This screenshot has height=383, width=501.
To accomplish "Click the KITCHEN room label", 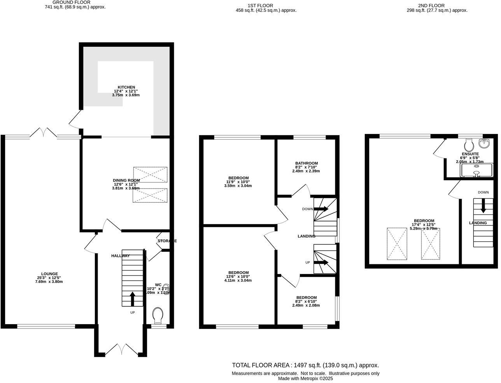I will [126, 87].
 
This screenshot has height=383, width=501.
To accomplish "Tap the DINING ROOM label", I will [126, 180].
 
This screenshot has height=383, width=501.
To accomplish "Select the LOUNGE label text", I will [49, 274].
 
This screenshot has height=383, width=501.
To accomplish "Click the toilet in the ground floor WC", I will [158, 314].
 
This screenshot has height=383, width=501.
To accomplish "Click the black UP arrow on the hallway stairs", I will [132, 299].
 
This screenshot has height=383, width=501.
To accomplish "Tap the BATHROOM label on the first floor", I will [306, 163].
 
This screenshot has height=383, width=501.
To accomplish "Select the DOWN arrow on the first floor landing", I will [321, 209].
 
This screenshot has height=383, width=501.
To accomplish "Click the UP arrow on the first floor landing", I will [321, 262].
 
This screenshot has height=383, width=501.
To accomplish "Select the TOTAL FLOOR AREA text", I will [305, 365].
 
